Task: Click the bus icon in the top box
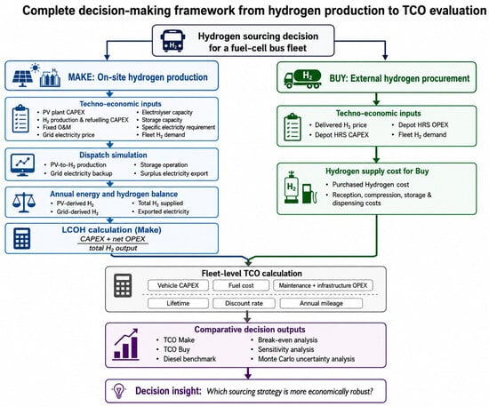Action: point(172,41)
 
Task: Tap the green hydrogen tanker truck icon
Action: point(302,79)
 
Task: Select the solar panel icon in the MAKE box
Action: point(22,78)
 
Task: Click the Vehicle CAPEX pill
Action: point(178,285)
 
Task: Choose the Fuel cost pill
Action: point(241,285)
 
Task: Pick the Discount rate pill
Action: point(244,303)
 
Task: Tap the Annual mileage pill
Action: point(321,303)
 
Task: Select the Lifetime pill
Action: point(178,303)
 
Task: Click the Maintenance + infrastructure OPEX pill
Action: point(323,285)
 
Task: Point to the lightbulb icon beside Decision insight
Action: point(119,391)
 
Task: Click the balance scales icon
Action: point(24,203)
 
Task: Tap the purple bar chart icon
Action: point(125,345)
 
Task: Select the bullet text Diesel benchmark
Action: point(189,359)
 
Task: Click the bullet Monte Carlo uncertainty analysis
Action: point(306,359)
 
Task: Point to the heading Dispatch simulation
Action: point(113,155)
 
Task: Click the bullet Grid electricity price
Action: point(68,135)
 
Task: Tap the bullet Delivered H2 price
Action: point(341,125)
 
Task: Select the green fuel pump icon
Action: point(309,193)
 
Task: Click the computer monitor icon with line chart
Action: point(22,165)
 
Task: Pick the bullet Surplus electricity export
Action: point(174,173)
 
